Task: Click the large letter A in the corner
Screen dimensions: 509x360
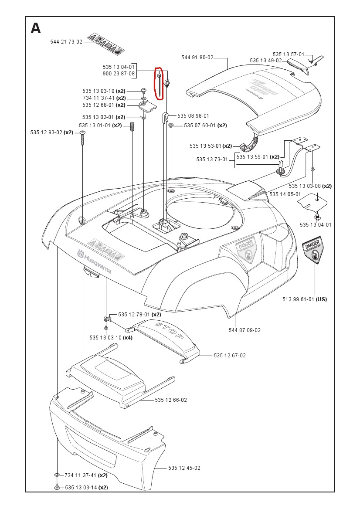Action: pyautogui.click(x=36, y=28)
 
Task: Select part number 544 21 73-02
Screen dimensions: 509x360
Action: pyautogui.click(x=66, y=42)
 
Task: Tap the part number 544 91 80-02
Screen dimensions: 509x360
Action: pyautogui.click(x=197, y=58)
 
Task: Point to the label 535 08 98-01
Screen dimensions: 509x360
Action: pyautogui.click(x=193, y=116)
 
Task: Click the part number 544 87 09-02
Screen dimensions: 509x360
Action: pyautogui.click(x=245, y=330)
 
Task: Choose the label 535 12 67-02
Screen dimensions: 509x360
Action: pyautogui.click(x=230, y=356)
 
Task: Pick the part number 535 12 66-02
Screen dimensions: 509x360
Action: pyautogui.click(x=171, y=400)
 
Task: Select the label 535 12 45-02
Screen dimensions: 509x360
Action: pyautogui.click(x=184, y=468)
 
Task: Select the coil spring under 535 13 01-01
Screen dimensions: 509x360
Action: pyautogui.click(x=132, y=129)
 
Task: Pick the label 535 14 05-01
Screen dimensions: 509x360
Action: pyautogui.click(x=285, y=194)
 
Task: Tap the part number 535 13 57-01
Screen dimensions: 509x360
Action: pyautogui.click(x=289, y=54)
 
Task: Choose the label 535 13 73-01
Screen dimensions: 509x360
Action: pyautogui.click(x=212, y=159)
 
